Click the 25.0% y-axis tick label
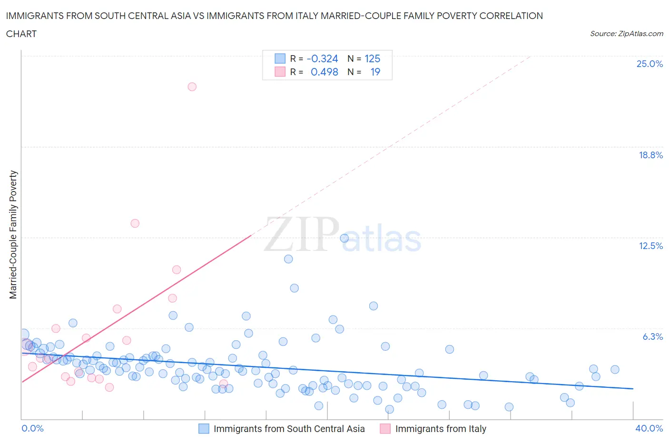(649, 64)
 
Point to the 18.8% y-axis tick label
(650, 155)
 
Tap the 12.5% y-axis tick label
(650, 246)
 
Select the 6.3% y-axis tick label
(652, 336)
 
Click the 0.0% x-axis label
(32, 428)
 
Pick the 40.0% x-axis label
(649, 428)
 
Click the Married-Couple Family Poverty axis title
(13, 235)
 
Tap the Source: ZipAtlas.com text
(626, 34)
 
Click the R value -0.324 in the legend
(322, 58)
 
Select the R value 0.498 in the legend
(324, 72)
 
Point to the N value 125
(372, 58)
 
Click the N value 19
(375, 72)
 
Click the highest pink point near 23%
(192, 86)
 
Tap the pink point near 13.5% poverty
(135, 223)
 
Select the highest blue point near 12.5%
(344, 238)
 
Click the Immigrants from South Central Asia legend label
(289, 429)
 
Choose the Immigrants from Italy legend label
(441, 429)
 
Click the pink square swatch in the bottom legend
(385, 429)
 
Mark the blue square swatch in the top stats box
(280, 58)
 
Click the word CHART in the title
(21, 34)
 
